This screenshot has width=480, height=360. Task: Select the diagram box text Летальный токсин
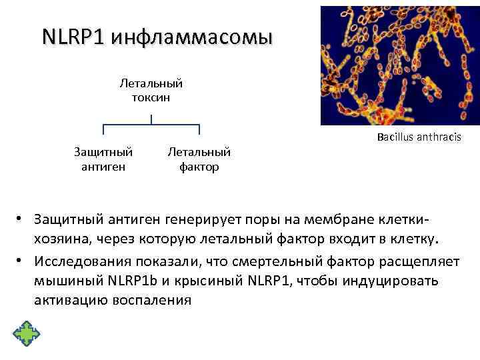pos(151,91)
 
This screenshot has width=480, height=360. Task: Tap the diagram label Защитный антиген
pos(103,159)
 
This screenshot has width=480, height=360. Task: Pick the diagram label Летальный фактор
pos(199,159)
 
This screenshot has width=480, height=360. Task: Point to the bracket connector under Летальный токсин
pos(151,125)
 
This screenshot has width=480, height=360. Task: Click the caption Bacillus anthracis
pos(418,138)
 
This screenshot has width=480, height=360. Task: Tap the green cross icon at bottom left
pos(26,333)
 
